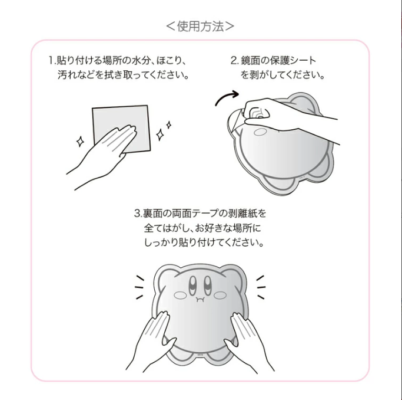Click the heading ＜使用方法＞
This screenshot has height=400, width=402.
200,26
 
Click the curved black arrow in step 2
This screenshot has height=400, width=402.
225,96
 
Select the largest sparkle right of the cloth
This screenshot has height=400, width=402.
160,135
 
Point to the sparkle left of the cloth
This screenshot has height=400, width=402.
80,142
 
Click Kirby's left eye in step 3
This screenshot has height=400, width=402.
193,285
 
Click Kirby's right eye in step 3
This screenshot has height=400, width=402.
208,285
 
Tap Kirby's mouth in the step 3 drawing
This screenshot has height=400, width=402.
200,299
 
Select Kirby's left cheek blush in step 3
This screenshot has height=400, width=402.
181,296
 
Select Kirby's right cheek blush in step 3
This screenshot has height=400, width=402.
220,296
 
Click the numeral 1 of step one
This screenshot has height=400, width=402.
51,60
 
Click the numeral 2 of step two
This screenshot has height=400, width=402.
234,60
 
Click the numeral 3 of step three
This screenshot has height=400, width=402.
137,214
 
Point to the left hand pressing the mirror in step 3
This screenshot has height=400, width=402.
151,342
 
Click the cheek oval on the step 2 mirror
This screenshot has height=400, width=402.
260,132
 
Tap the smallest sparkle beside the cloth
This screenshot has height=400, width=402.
169,125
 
